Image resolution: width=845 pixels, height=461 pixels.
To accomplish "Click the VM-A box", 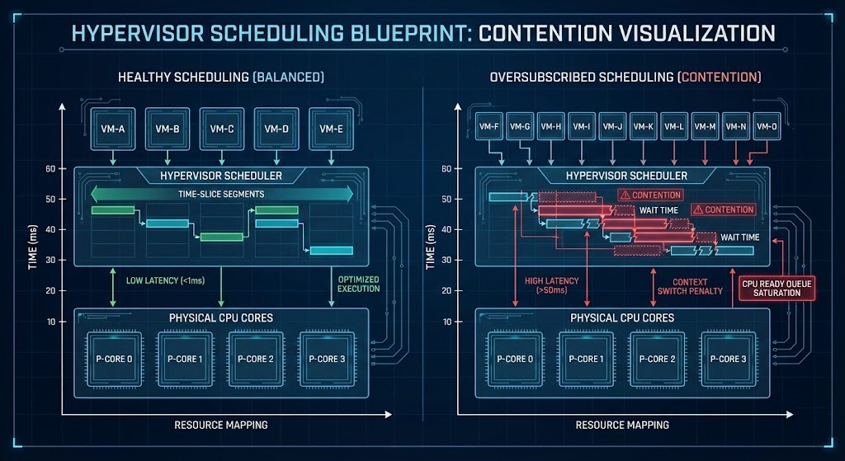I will tap(113, 129).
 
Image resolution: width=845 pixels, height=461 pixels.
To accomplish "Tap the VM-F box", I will tap(489, 126).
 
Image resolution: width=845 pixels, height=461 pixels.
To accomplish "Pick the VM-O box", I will tap(768, 126).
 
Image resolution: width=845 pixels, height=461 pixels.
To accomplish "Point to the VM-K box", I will tap(644, 126).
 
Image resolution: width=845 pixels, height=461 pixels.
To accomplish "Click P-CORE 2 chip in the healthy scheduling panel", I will tap(257, 358).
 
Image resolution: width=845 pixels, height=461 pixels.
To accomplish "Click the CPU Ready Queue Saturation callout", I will tap(772, 286).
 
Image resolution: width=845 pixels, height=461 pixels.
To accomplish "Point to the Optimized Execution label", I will tap(358, 284).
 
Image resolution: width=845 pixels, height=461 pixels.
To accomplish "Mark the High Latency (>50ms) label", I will tap(551, 285).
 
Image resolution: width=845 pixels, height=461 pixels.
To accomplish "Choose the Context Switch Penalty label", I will tap(689, 285).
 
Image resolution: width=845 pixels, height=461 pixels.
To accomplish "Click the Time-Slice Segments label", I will tap(221, 194).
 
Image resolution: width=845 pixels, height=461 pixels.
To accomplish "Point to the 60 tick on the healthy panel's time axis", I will tap(50, 168).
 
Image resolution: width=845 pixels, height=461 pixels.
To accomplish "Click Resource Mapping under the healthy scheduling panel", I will tap(220, 425).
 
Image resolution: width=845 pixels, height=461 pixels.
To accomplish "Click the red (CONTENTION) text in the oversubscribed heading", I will tap(719, 78).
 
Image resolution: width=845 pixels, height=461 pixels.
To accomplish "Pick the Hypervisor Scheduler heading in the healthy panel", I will tap(221, 176).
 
